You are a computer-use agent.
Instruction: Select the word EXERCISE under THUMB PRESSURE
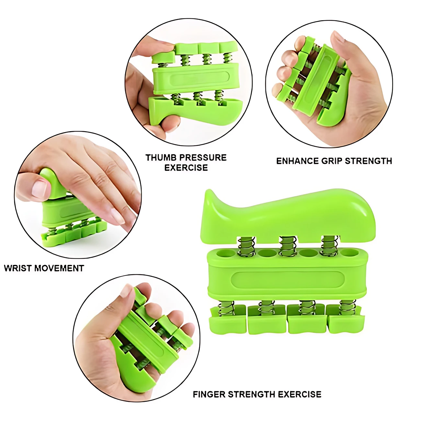point(186,168)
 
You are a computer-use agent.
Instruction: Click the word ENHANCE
point(297,161)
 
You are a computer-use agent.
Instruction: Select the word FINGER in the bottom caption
point(209,388)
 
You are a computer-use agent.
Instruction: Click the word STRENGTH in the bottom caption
point(251,388)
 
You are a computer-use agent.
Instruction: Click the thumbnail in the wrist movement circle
point(39,189)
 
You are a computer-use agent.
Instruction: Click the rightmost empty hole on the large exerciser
point(349,253)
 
